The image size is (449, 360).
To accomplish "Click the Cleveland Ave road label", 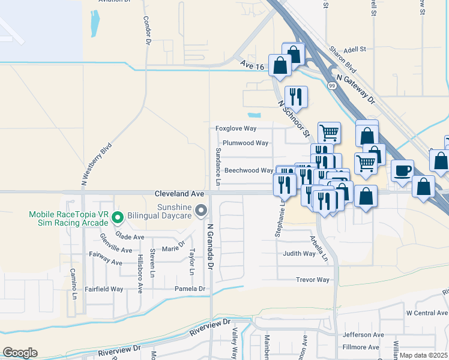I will click(x=179, y=194).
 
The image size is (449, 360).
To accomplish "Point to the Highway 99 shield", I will click(x=331, y=86).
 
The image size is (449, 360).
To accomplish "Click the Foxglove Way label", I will click(x=236, y=129).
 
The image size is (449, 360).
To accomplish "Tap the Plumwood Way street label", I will click(x=245, y=143).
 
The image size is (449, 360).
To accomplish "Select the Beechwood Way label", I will click(x=249, y=170).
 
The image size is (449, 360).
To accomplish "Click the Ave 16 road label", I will click(x=251, y=64).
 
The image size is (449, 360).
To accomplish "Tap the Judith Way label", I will click(x=300, y=254).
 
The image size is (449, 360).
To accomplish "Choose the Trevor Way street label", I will click(x=313, y=280).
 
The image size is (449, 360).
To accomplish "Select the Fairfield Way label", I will click(x=104, y=289).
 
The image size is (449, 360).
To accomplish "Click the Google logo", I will click(x=20, y=353).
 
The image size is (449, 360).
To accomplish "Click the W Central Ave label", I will click(x=427, y=313).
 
